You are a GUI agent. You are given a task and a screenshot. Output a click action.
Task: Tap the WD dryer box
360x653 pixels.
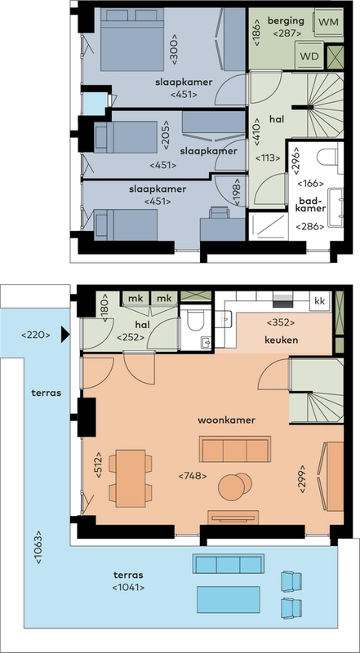[x=309, y=56]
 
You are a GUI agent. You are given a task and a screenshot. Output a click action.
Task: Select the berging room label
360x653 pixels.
[x=286, y=21]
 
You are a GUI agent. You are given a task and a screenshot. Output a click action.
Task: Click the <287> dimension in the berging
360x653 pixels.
[x=286, y=33]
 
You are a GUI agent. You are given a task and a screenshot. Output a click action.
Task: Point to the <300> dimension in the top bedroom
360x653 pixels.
[x=174, y=49]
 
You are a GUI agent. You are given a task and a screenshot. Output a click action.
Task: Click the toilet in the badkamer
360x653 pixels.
[x=330, y=158]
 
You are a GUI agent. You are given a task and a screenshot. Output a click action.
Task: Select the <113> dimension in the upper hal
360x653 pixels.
[x=267, y=158]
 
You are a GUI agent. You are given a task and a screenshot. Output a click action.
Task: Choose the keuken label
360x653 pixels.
[x=282, y=340]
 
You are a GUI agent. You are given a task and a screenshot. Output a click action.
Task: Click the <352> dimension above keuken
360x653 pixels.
[x=281, y=322]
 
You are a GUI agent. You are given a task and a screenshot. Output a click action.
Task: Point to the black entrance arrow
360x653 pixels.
[x=65, y=334]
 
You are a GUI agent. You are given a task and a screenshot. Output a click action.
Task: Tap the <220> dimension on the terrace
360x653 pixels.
[x=36, y=335]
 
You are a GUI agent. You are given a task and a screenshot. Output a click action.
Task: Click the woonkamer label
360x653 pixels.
[x=226, y=420]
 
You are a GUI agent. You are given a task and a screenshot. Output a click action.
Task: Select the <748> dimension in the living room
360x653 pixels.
[x=193, y=476]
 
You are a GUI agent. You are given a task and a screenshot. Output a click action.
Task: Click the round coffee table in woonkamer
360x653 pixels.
[x=234, y=486]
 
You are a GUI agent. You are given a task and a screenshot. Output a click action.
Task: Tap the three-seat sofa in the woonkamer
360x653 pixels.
[x=235, y=450]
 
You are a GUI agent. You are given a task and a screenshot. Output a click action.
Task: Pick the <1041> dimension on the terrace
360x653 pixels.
[x=129, y=588]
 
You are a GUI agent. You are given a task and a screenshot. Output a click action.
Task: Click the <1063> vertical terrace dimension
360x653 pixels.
[x=38, y=547]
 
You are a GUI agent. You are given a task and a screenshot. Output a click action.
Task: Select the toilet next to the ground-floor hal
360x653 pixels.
[x=194, y=321]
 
